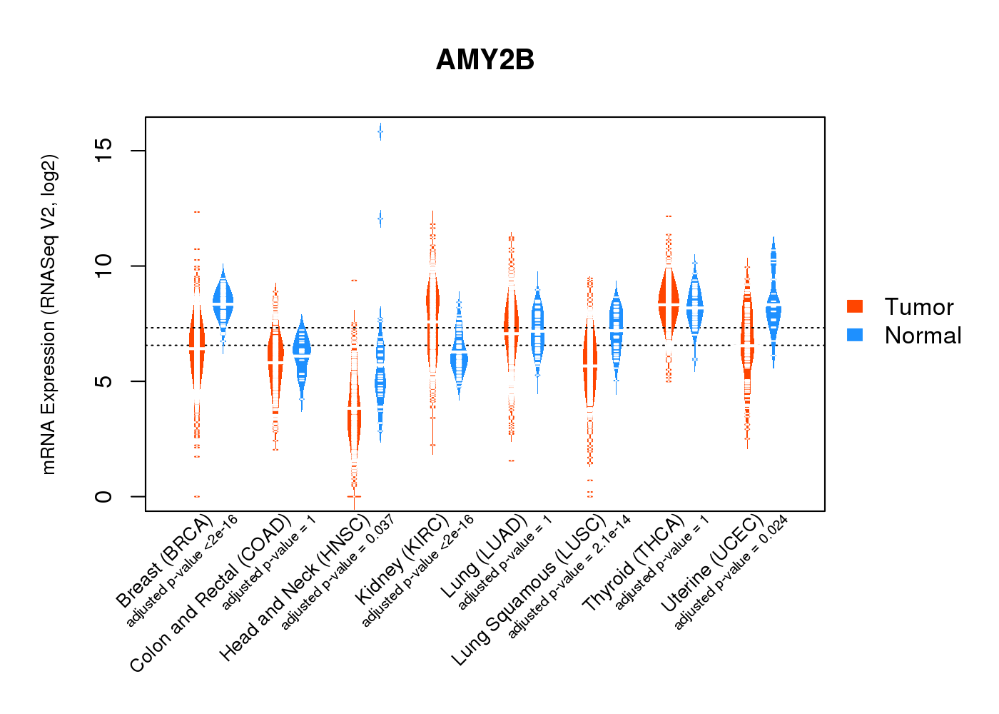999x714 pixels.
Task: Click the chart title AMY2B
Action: click(485, 60)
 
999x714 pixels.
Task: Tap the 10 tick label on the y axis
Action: click(103, 266)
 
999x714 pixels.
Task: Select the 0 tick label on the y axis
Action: click(103, 496)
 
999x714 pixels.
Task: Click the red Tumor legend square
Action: click(855, 306)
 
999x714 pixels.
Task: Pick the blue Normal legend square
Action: click(855, 335)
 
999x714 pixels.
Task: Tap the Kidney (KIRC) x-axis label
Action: click(402, 558)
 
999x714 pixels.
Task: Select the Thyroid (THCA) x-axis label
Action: click(634, 563)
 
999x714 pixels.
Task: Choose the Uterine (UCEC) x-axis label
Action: click(712, 563)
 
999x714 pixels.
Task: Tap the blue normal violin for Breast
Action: click(223, 303)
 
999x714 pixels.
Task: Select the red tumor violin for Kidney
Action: click(432, 303)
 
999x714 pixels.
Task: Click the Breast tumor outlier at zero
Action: click(197, 496)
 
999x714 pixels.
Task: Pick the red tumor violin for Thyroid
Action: click(668, 303)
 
